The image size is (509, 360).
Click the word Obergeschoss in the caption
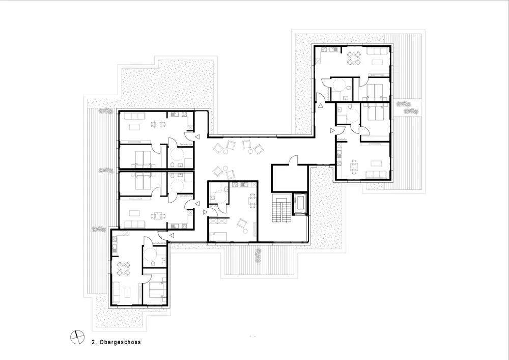(120, 342)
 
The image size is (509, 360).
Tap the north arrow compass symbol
(77, 337)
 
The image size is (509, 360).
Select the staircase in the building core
(281, 209)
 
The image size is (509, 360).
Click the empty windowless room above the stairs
(289, 178)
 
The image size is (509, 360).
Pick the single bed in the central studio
(218, 236)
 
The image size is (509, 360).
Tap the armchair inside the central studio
(241, 224)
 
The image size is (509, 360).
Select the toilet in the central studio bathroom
(212, 197)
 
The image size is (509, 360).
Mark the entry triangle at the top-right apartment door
(321, 105)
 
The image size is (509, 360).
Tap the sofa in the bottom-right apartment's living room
(377, 174)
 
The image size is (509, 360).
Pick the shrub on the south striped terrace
(259, 256)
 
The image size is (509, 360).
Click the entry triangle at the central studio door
(205, 212)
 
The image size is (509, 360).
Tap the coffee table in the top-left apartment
(135, 127)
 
